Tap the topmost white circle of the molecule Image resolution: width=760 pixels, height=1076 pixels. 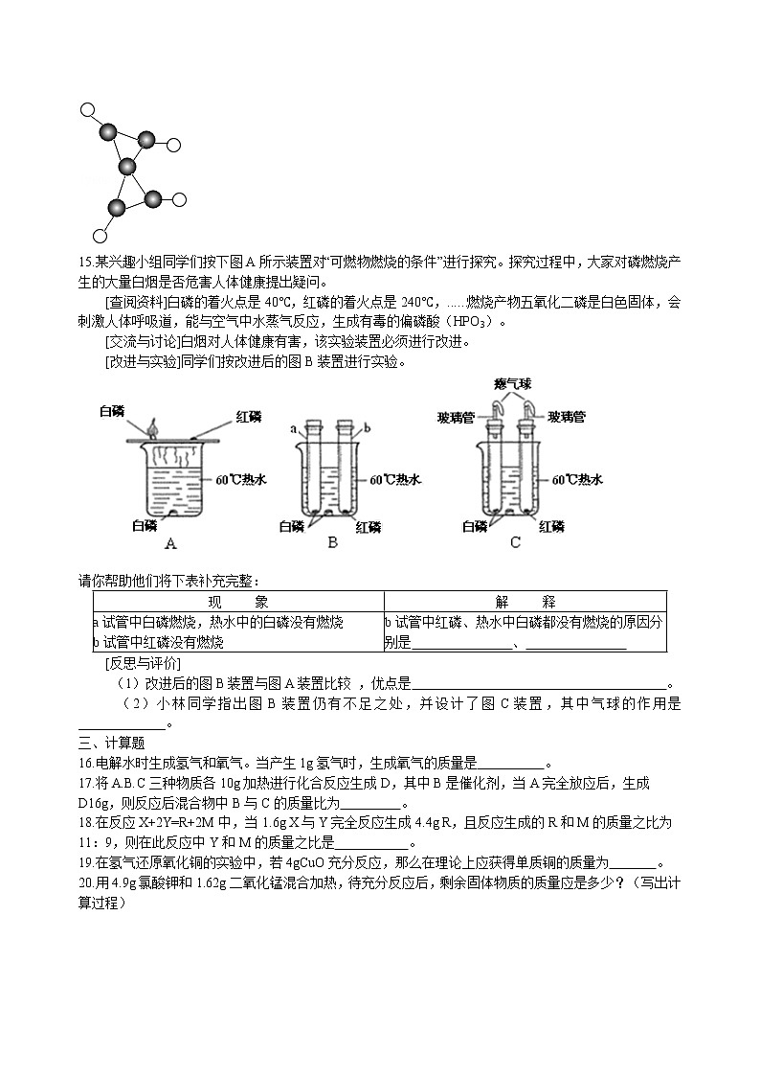[x=88, y=110]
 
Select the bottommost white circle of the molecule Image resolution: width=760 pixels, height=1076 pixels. [x=98, y=236]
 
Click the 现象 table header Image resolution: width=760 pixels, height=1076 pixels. [x=236, y=602]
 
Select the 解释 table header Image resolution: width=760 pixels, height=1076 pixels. [x=525, y=602]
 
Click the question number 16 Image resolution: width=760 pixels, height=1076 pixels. [x=86, y=764]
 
